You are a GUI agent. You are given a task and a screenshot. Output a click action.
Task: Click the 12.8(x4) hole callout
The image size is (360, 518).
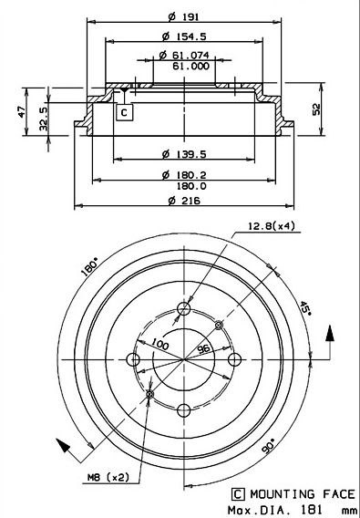tap(269, 225)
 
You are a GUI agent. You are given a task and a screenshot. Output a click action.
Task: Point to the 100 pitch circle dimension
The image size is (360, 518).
tap(161, 344)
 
